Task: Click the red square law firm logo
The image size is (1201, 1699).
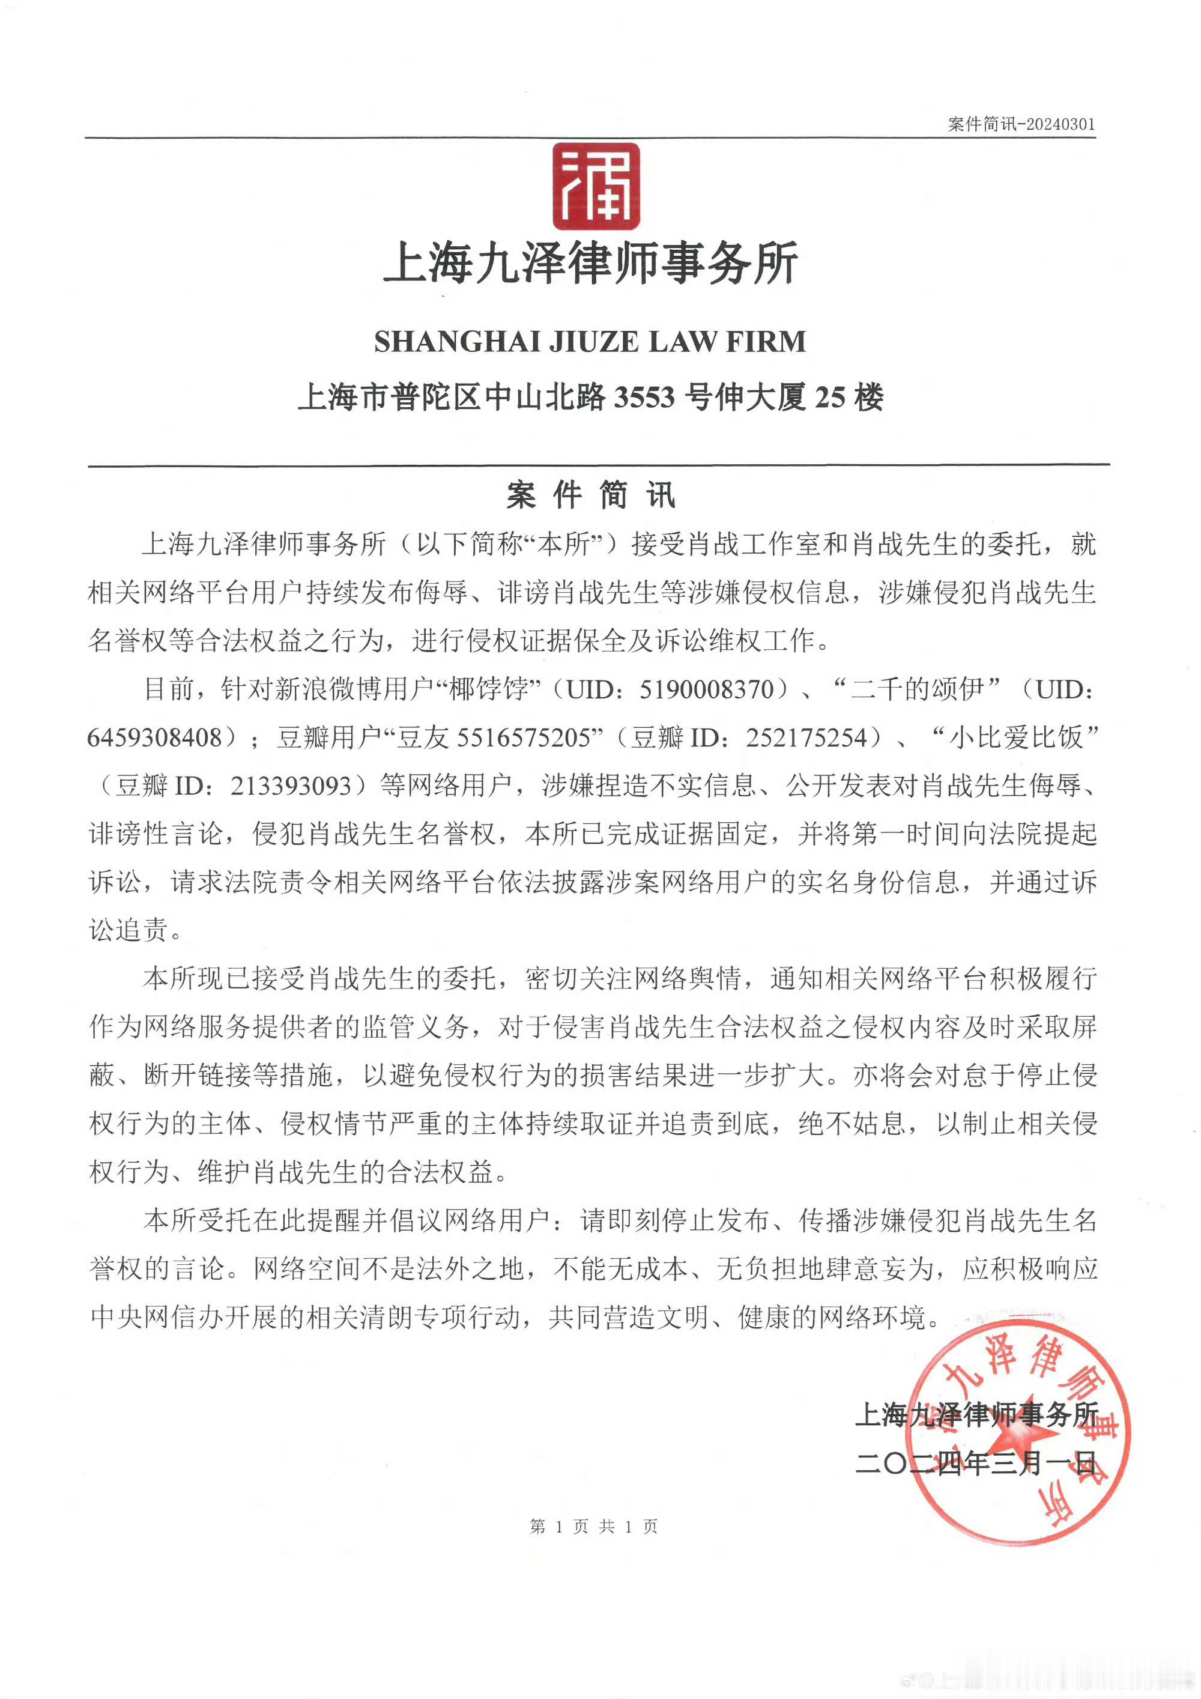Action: (x=596, y=186)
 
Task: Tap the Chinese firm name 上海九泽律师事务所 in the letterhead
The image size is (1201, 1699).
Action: (x=590, y=264)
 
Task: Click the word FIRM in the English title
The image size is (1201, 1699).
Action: (x=766, y=342)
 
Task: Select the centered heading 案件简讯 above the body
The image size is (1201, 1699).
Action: (x=590, y=495)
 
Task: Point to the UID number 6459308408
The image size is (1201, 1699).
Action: (x=155, y=737)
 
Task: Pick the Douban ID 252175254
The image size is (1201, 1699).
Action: (x=806, y=737)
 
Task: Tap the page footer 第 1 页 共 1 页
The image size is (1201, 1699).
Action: (x=593, y=1526)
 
